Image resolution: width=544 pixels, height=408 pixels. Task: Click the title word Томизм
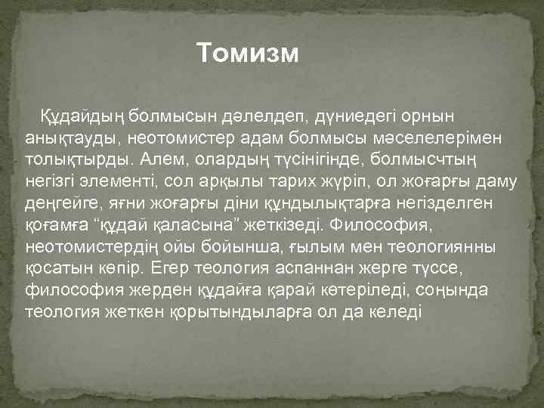click(x=248, y=53)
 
